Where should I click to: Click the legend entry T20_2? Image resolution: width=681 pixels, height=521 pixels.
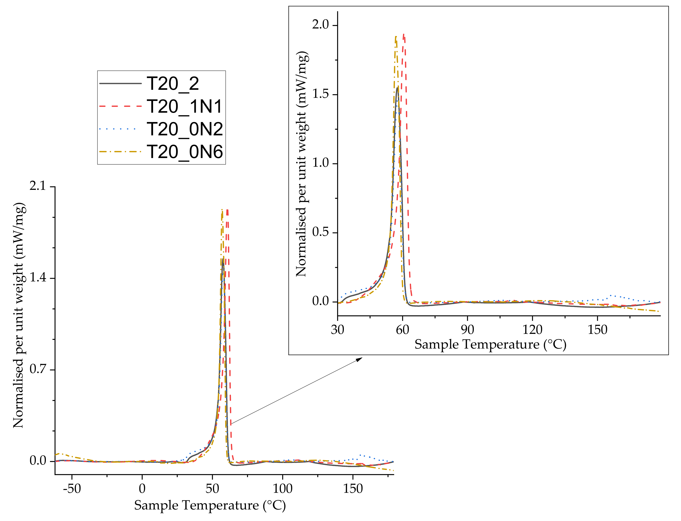tap(173, 84)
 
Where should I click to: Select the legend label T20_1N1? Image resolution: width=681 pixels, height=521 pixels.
tap(184, 106)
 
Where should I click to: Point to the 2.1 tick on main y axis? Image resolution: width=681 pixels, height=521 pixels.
tap(38, 186)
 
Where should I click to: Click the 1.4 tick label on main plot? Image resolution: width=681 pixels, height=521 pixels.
tap(38, 278)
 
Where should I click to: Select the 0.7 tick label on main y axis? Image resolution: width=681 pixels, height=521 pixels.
tap(38, 369)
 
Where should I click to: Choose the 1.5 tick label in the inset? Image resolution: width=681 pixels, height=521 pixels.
tap(320, 94)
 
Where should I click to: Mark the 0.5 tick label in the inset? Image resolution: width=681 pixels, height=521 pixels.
tap(320, 232)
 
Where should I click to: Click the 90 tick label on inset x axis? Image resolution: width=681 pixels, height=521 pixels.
tap(467, 330)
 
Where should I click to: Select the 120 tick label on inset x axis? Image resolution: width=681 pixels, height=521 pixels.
tap(532, 330)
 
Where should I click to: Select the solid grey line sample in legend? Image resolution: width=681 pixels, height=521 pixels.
tap(120, 84)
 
